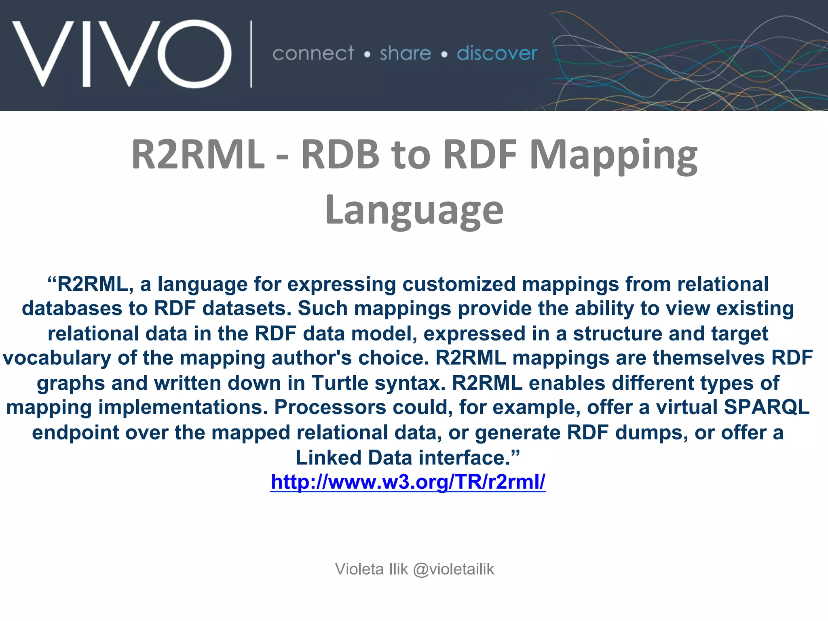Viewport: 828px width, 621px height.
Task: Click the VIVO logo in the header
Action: (x=121, y=53)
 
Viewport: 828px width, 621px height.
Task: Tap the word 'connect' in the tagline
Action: (x=313, y=54)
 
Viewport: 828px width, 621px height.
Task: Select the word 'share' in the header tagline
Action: (x=405, y=54)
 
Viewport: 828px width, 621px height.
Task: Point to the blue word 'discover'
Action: (x=497, y=54)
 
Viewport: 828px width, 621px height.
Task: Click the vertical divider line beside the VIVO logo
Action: (x=251, y=54)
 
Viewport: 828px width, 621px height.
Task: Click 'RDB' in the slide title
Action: (x=340, y=154)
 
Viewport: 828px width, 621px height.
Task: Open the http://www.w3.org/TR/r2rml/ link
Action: (x=408, y=482)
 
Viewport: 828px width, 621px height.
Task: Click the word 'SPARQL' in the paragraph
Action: (x=767, y=407)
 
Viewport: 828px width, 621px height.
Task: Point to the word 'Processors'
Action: (x=330, y=407)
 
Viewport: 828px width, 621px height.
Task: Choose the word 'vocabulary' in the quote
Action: (x=57, y=358)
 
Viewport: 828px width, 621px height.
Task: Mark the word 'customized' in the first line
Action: (x=459, y=284)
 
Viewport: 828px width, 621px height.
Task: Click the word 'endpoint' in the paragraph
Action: (x=75, y=433)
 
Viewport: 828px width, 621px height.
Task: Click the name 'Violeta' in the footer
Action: (x=359, y=569)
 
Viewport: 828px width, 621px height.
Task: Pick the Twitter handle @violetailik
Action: (x=453, y=569)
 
